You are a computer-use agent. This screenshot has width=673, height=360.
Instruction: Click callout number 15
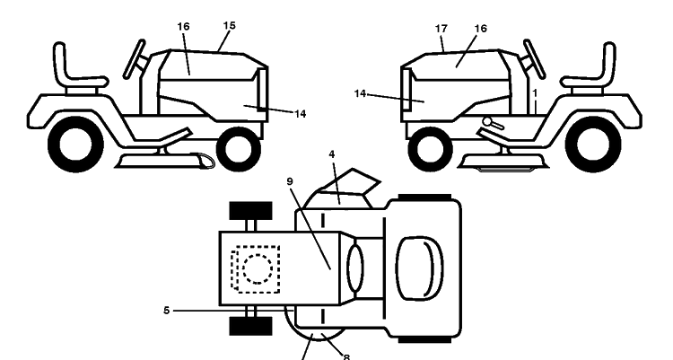click(x=230, y=25)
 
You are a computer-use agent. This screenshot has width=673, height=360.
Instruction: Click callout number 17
click(x=441, y=29)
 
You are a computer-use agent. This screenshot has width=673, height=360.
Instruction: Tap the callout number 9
click(x=290, y=181)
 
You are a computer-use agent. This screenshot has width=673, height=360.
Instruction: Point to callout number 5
click(x=167, y=310)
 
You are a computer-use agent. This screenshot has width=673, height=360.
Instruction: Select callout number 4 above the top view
click(x=332, y=154)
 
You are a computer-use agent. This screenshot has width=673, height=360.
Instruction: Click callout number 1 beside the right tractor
click(x=535, y=92)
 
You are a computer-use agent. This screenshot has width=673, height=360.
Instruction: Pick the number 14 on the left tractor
click(x=301, y=114)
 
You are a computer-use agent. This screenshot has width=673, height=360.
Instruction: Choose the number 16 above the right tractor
click(x=481, y=29)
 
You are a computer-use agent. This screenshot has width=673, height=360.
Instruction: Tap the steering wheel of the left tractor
click(x=134, y=59)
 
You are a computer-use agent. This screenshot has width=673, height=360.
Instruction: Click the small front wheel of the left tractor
click(x=239, y=148)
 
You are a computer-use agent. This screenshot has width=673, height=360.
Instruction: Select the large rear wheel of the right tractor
click(x=593, y=145)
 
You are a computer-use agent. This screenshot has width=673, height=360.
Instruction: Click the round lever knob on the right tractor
click(x=487, y=121)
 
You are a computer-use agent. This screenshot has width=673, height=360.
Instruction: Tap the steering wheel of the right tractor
click(x=535, y=59)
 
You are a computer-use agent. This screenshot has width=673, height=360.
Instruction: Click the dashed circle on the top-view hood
click(x=258, y=269)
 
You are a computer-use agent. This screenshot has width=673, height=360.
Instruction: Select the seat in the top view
click(x=419, y=268)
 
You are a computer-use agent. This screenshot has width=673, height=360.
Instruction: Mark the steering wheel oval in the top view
click(x=355, y=268)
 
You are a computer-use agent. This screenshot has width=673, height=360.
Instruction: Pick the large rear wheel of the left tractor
click(x=75, y=145)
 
